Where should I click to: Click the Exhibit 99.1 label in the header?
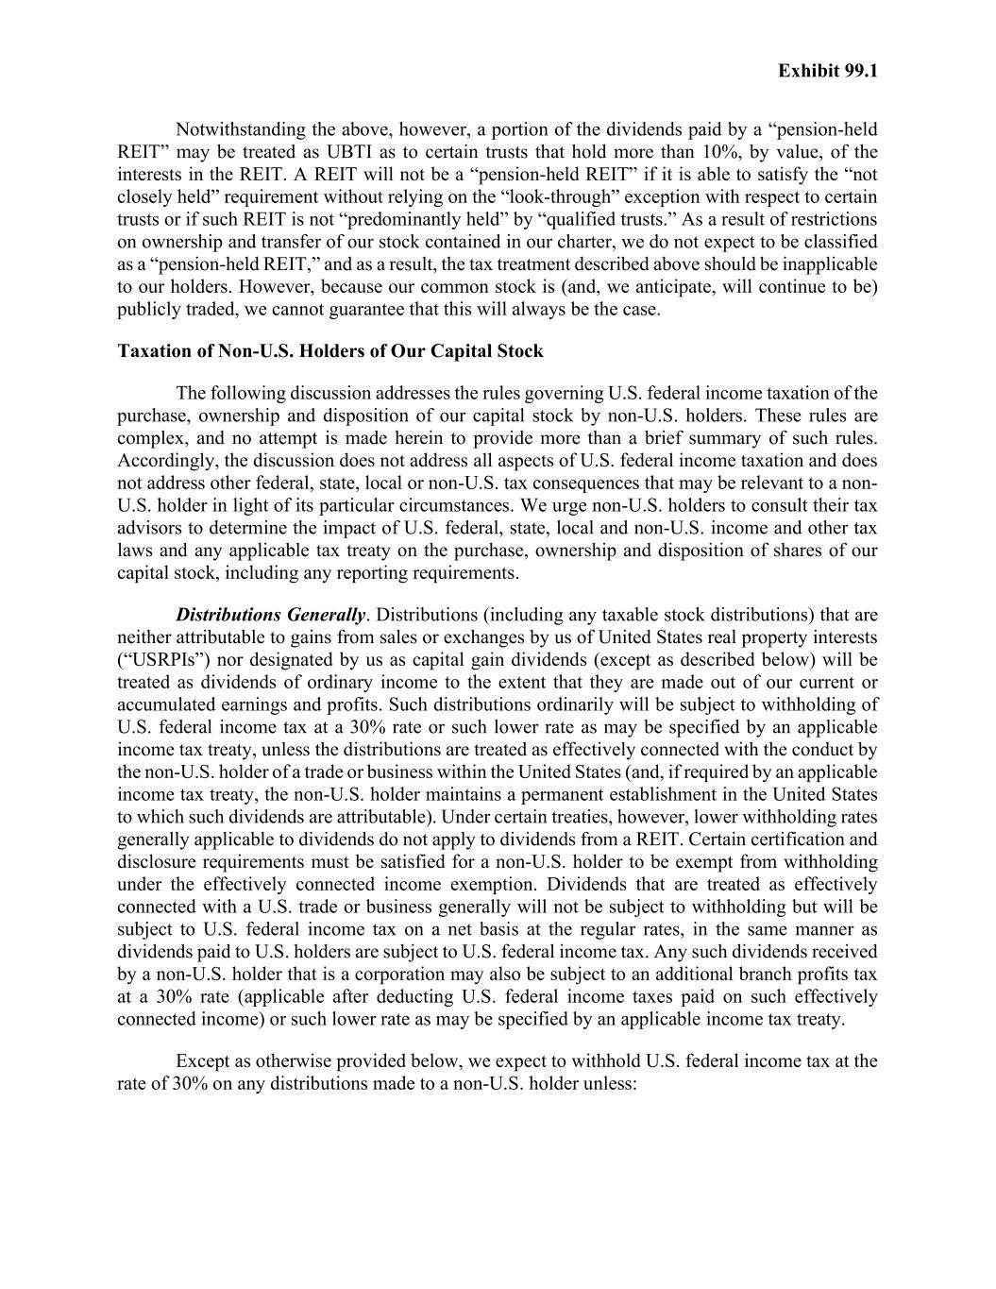[827, 72]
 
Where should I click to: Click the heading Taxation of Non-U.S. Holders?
[329, 351]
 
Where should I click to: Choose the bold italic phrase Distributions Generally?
[270, 616]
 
